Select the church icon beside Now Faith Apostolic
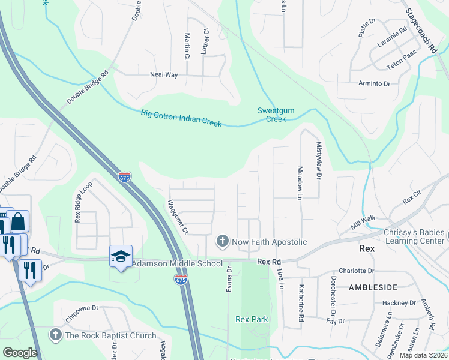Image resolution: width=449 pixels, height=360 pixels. [222, 242]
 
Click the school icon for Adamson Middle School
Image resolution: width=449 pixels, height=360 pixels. [121, 257]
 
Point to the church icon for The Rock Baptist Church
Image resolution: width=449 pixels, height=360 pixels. [56, 335]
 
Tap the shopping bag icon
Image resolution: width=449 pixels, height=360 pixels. [19, 221]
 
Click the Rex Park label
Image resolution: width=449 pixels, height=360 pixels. [252, 320]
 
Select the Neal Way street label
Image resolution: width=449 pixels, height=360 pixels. [164, 75]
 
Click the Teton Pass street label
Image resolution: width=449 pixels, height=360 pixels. [402, 53]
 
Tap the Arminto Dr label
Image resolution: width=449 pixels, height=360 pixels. [374, 83]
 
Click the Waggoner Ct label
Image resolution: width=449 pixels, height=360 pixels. [178, 217]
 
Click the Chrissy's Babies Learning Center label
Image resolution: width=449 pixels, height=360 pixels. [416, 237]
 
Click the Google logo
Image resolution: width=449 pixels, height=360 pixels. [20, 352]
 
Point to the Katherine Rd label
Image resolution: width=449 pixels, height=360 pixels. [301, 302]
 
